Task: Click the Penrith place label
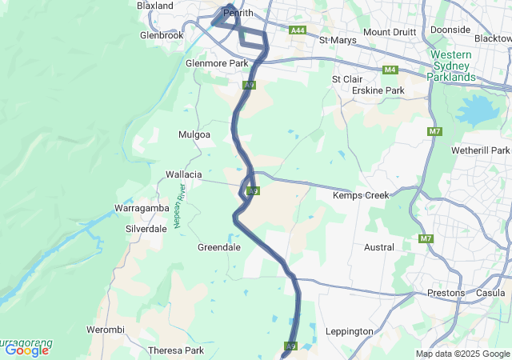pos(238,14)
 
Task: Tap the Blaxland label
pos(155,6)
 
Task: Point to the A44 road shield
pos(298,30)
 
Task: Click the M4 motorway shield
pos(390,70)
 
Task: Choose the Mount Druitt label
pos(390,32)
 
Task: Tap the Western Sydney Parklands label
pos(453,66)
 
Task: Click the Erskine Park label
pos(378,91)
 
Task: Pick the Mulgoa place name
pos(194,134)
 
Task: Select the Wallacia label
pos(183,174)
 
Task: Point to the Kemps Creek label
pos(361,195)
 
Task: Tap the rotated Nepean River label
pos(181,206)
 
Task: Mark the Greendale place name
pos(219,248)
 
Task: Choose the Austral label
pos(379,248)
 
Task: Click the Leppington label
pos(350,331)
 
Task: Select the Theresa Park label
pos(176,350)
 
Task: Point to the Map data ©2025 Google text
pos(462,354)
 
